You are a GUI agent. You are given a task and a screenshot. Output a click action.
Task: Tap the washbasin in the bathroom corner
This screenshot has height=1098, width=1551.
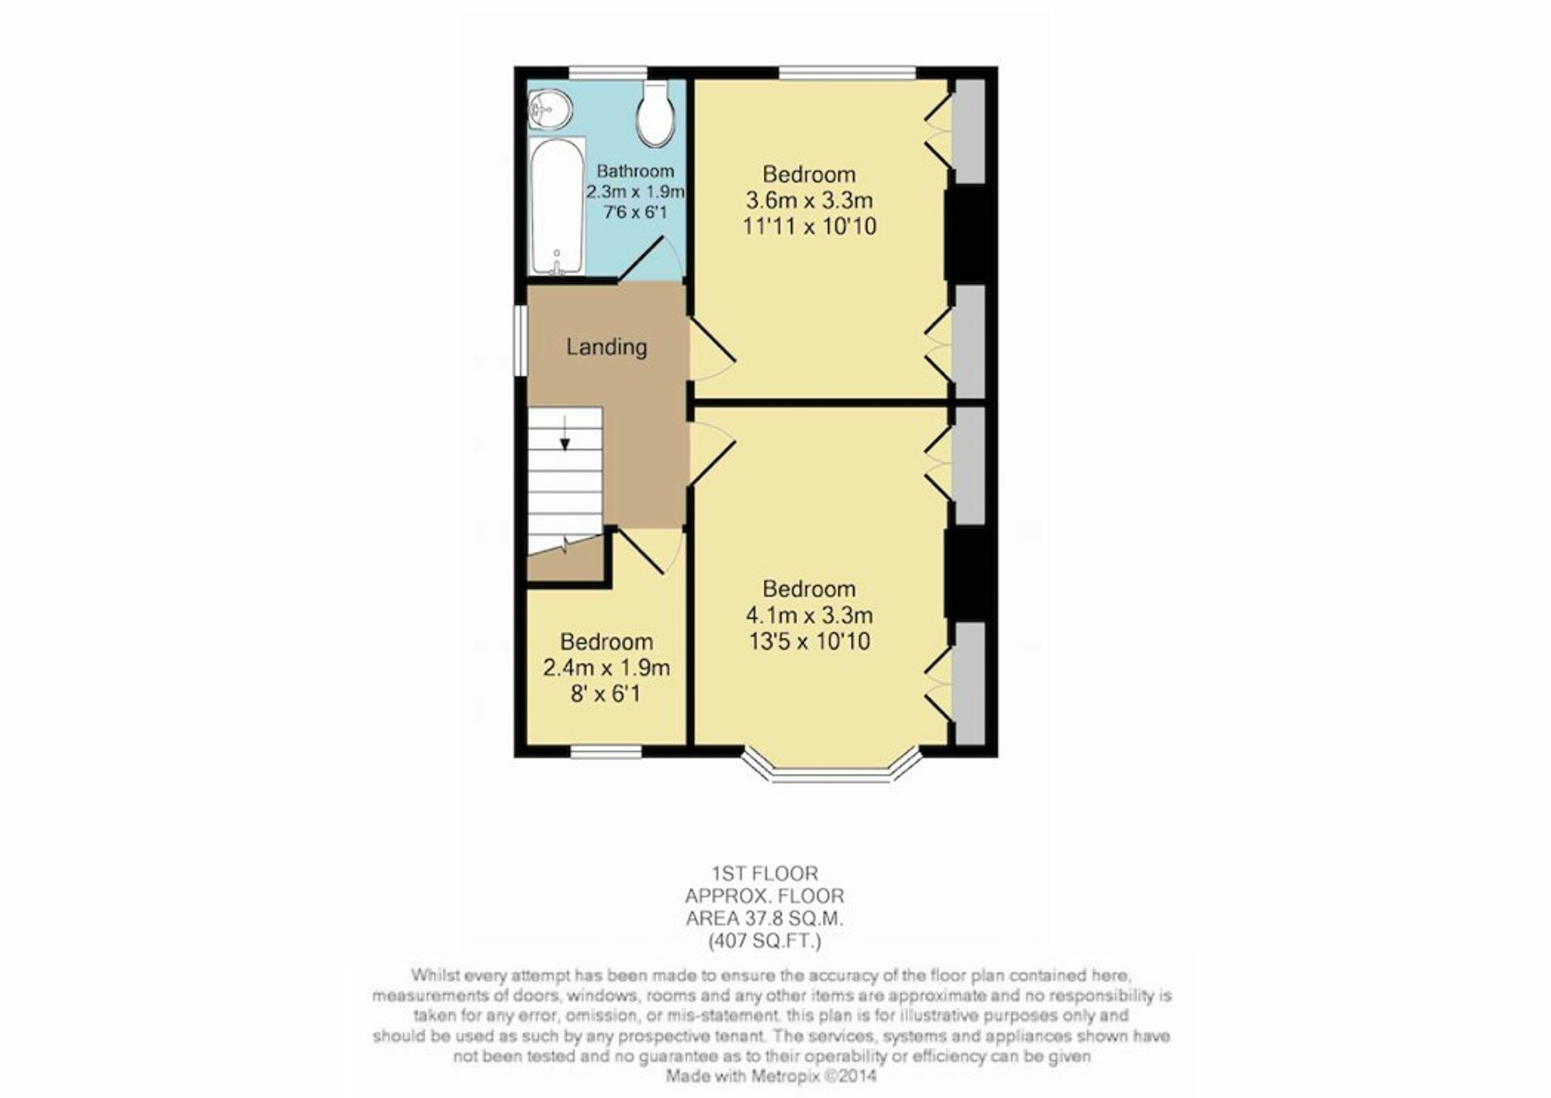pyautogui.click(x=550, y=110)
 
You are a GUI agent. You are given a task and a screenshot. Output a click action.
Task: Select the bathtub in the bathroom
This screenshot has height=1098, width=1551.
pyautogui.click(x=558, y=206)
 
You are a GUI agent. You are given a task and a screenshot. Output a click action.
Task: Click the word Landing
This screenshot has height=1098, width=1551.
pyautogui.click(x=606, y=347)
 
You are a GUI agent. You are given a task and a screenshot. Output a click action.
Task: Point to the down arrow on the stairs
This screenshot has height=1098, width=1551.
pyautogui.click(x=565, y=433)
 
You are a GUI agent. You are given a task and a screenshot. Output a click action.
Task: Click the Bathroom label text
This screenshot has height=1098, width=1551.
pyautogui.click(x=635, y=171)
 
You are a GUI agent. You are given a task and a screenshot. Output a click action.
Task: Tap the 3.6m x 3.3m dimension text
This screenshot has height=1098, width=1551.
pyautogui.click(x=809, y=200)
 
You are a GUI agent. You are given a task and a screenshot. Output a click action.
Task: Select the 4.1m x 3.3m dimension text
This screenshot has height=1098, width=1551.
pyautogui.click(x=809, y=615)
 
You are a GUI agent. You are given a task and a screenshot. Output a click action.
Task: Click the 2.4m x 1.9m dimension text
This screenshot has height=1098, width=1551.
pyautogui.click(x=606, y=668)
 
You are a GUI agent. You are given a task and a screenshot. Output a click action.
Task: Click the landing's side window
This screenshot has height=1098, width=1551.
pyautogui.click(x=521, y=341)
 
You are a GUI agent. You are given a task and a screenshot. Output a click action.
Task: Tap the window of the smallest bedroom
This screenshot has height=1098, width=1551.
pyautogui.click(x=606, y=751)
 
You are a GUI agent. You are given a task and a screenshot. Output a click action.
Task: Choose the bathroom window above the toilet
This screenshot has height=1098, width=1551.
pyautogui.click(x=608, y=73)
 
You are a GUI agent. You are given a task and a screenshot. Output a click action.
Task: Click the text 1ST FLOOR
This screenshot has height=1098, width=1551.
pyautogui.click(x=765, y=873)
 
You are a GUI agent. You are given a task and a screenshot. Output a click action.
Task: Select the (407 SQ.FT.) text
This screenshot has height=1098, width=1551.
pyautogui.click(x=765, y=941)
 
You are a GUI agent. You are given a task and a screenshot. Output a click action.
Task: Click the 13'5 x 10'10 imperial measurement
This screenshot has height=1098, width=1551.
pyautogui.click(x=809, y=641)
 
